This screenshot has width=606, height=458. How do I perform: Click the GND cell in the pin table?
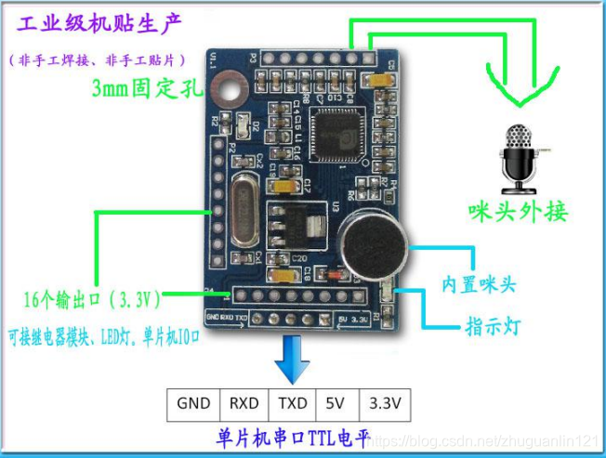(x=193, y=403)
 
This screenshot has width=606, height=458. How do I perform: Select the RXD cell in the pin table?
(x=244, y=403)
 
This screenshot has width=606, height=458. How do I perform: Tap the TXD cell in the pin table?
(x=291, y=403)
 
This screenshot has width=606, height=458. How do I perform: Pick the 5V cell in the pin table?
(x=335, y=403)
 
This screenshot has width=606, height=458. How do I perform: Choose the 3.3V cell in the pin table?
(x=384, y=403)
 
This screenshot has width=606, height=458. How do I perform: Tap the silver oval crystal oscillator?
(x=244, y=210)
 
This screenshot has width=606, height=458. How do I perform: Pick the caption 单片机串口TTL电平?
(x=289, y=437)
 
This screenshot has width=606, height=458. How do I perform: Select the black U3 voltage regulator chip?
(x=289, y=223)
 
